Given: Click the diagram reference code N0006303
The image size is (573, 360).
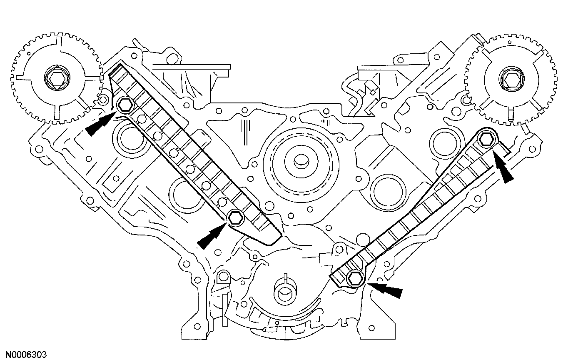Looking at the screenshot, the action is [x=27, y=355].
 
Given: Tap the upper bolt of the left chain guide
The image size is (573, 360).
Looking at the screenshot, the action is [x=125, y=105].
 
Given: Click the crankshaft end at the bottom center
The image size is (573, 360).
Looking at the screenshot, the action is [x=286, y=294].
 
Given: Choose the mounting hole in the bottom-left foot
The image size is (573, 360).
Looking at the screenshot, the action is [x=197, y=326].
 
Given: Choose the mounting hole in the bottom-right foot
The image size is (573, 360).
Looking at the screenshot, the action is [x=372, y=328].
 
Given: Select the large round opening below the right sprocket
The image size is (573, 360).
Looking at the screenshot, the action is [x=445, y=143].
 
